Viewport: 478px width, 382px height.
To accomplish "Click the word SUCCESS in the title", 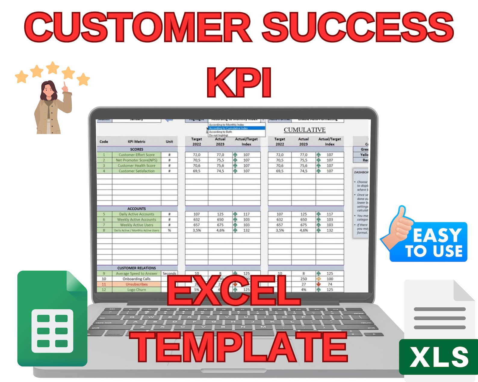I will [x=358, y=28].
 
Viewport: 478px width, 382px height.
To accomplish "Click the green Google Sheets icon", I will [x=52, y=319].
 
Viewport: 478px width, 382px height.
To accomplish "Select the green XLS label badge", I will [x=439, y=357].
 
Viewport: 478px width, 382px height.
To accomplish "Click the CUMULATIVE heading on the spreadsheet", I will [x=305, y=130].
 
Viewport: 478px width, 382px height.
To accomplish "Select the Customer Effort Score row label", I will [x=136, y=155].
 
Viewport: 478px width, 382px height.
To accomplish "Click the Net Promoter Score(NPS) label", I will [x=136, y=160].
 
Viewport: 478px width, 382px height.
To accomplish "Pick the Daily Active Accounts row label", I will [x=136, y=214].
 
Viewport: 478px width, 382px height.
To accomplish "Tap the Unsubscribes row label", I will [x=136, y=284].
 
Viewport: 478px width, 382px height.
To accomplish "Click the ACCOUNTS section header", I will [x=136, y=209].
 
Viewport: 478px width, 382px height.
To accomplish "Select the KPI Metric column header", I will [x=136, y=142].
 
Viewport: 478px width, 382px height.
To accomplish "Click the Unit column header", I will [x=169, y=142].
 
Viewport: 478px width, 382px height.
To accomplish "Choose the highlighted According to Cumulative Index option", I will [x=229, y=128].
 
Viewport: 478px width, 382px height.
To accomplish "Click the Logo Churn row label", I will [x=136, y=290].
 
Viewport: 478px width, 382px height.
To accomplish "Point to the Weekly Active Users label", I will [x=136, y=225].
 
